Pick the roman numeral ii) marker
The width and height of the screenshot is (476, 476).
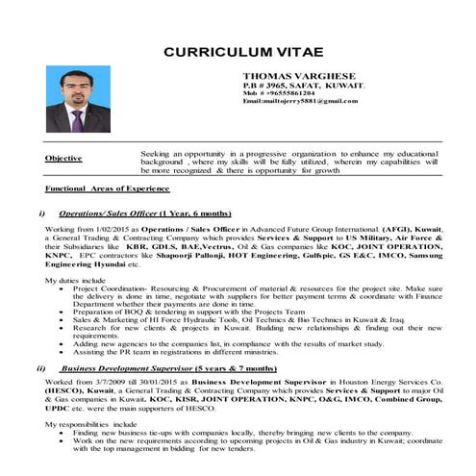point(40,367)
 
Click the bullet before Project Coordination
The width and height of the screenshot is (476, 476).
point(63,288)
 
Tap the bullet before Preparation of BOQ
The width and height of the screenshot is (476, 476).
point(63,313)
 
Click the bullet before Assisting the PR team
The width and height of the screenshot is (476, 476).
point(63,352)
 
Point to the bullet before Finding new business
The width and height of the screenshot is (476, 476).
point(63,433)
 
